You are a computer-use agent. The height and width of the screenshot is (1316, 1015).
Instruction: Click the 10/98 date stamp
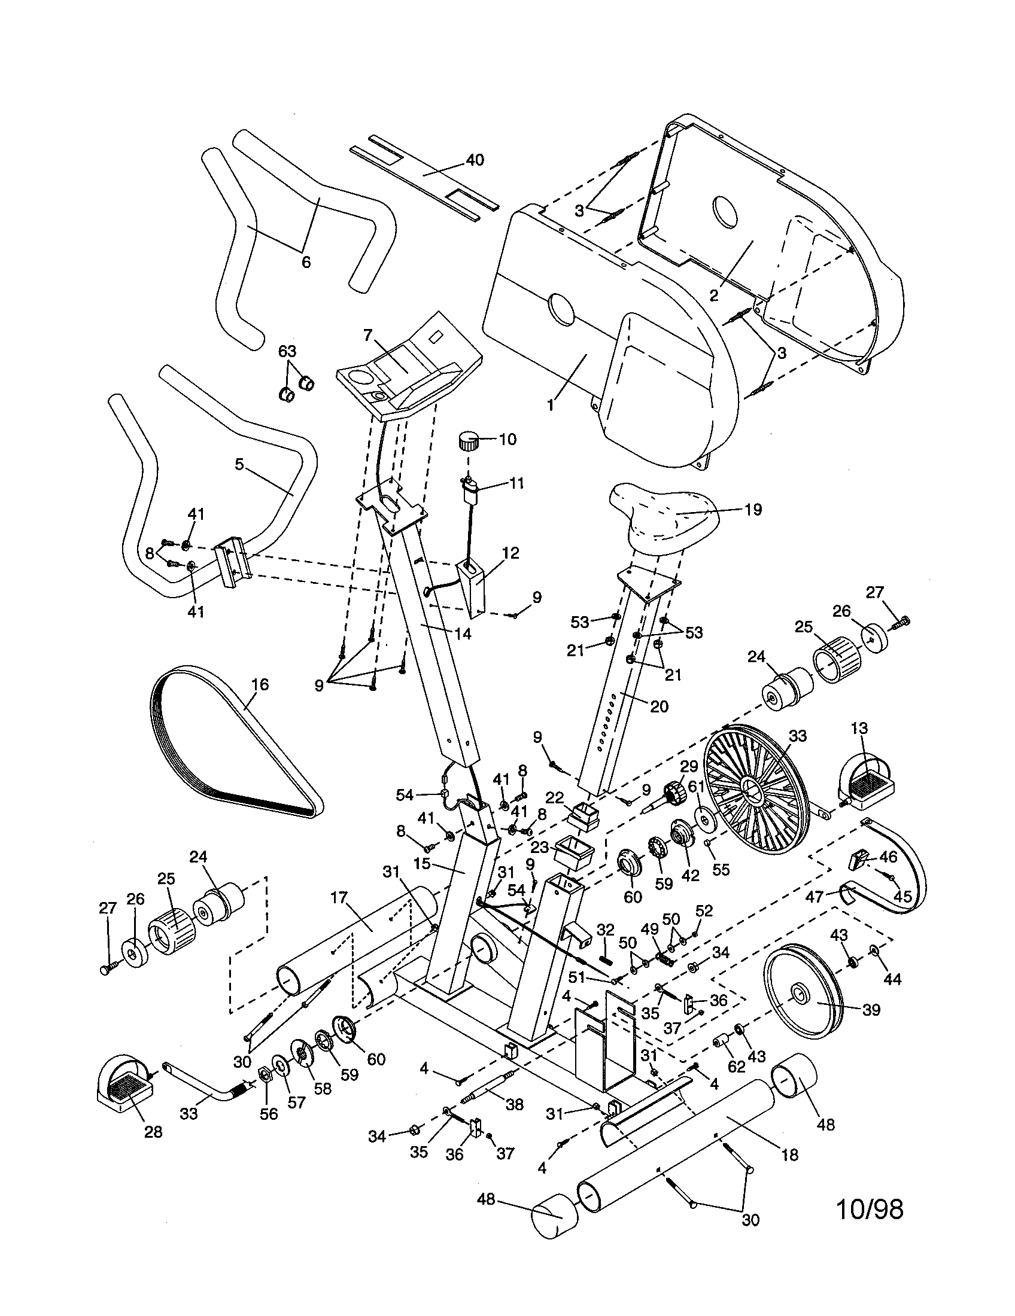[x=870, y=1210]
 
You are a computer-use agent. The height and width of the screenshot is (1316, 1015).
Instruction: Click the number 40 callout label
[x=475, y=160]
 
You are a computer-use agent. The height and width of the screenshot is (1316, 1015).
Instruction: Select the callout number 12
[x=510, y=553]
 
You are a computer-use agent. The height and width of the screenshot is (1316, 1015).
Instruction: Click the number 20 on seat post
[x=660, y=706]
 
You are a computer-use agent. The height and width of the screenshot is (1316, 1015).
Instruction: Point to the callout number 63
[x=287, y=351]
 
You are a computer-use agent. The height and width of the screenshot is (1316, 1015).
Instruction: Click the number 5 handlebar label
[x=239, y=465]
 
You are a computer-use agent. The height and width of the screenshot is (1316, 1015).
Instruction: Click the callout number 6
[x=306, y=262]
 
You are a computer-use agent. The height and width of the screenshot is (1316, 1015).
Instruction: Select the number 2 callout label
[x=713, y=296]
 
